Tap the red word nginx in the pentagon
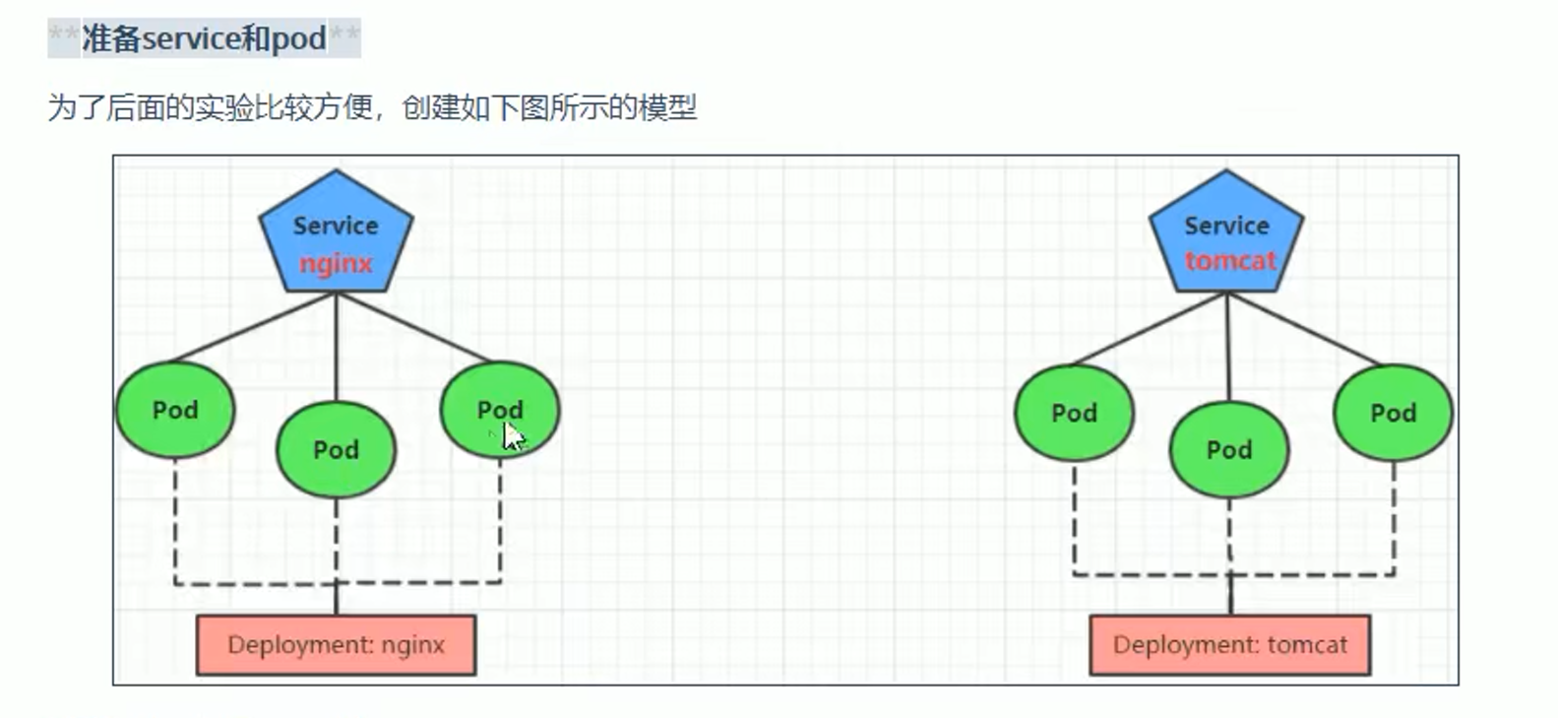click(x=336, y=264)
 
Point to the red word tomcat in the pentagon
click(x=1229, y=261)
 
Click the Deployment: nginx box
click(x=336, y=645)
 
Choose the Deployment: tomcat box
click(x=1229, y=645)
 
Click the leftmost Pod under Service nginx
click(x=175, y=410)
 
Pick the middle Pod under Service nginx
click(x=336, y=450)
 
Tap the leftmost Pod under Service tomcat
click(x=1074, y=413)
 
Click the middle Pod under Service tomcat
click(x=1229, y=450)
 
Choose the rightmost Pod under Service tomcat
click(x=1393, y=413)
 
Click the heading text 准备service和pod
click(x=204, y=38)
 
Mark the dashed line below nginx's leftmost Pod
click(x=175, y=522)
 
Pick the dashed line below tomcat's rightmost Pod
click(x=1394, y=517)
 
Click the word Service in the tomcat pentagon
click(x=1226, y=226)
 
